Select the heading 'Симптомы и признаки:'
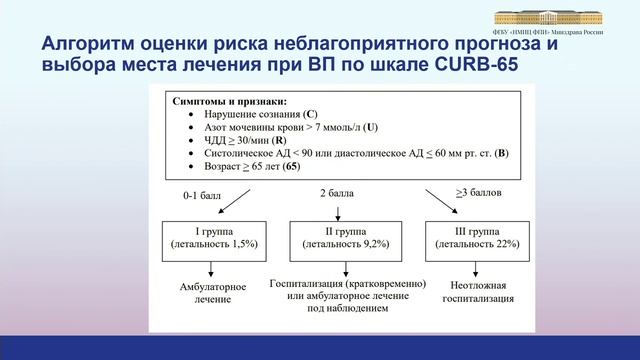point(229,101)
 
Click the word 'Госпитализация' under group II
point(310,284)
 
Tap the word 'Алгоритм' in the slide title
point(85,45)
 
